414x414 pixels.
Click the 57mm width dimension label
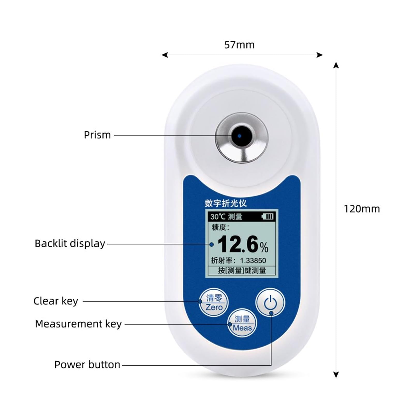tap(239, 45)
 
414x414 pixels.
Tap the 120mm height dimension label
tap(362, 209)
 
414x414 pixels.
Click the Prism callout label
tap(97, 135)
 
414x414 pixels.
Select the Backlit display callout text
tap(70, 243)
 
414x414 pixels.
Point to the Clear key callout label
tap(56, 301)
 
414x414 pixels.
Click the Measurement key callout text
tap(78, 324)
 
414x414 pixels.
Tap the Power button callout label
tap(87, 365)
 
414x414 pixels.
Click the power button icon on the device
tap(270, 302)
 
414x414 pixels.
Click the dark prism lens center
tap(240, 136)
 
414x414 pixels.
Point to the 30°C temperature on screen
tap(218, 217)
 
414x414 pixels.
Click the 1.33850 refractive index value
tap(253, 261)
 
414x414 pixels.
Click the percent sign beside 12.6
tap(264, 248)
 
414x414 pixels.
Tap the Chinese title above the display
tap(226, 203)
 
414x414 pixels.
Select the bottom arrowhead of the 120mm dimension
tap(336, 374)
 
